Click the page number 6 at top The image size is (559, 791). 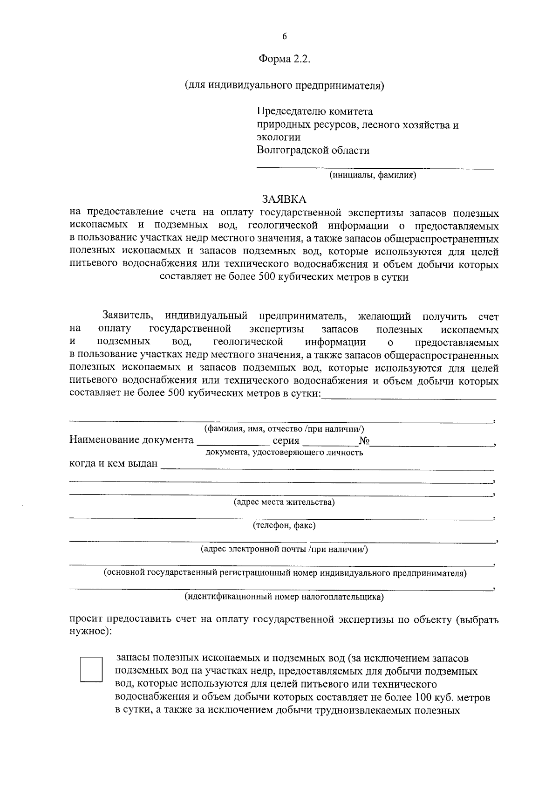click(x=284, y=37)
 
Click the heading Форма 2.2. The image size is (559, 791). click(x=284, y=60)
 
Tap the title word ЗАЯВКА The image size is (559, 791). click(x=284, y=199)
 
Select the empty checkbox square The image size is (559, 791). click(x=91, y=670)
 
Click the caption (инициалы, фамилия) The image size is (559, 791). click(x=373, y=175)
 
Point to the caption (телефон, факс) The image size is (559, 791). click(x=284, y=526)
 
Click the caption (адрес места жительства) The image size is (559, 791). click(x=284, y=502)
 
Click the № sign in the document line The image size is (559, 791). click(x=364, y=440)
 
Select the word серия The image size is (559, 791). click(x=286, y=440)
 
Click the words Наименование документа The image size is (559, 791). click(x=131, y=440)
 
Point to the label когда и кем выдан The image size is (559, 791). click(x=114, y=464)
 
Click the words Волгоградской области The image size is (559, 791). click(x=313, y=151)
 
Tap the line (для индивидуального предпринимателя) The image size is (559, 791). click(x=284, y=85)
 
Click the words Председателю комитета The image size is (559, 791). click(x=315, y=112)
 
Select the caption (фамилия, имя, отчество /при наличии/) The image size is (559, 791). click(x=284, y=429)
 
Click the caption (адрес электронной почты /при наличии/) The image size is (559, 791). click(x=284, y=549)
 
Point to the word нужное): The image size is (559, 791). click(x=90, y=632)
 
